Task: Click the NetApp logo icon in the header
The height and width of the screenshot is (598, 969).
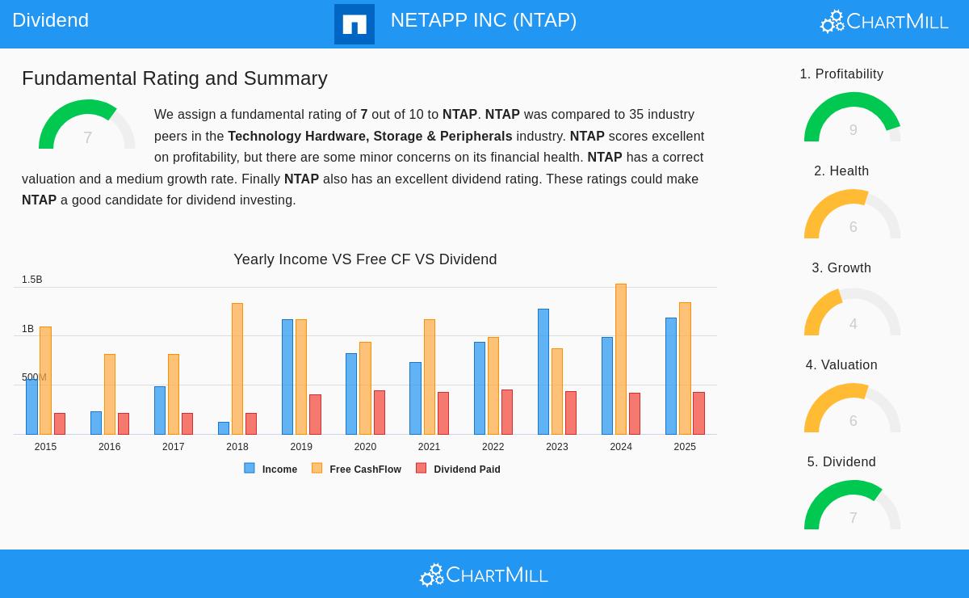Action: [354, 24]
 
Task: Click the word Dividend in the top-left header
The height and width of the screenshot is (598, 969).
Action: [50, 20]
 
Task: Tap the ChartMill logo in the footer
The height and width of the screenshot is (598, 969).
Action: [484, 575]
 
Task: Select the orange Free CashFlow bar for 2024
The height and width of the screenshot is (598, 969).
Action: [621, 360]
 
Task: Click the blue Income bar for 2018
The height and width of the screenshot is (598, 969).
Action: [224, 428]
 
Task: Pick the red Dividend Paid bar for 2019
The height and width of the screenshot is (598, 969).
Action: [315, 415]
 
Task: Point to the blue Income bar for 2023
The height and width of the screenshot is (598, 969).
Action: [543, 372]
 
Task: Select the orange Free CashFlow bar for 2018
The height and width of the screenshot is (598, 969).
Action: [237, 369]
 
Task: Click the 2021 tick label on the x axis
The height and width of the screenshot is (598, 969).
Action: [429, 447]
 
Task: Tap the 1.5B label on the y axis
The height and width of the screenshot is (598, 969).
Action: [32, 280]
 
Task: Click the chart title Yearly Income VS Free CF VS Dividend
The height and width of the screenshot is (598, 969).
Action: [365, 259]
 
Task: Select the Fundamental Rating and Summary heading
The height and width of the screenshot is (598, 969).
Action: [174, 78]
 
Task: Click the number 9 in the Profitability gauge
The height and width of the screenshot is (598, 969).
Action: [853, 130]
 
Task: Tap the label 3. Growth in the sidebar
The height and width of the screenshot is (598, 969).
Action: [841, 268]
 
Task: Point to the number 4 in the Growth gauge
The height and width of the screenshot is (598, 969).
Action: [853, 324]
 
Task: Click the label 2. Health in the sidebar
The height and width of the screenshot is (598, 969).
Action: [841, 171]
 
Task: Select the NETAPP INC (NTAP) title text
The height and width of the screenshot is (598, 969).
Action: [483, 20]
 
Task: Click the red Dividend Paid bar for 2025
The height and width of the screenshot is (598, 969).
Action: [698, 414]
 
